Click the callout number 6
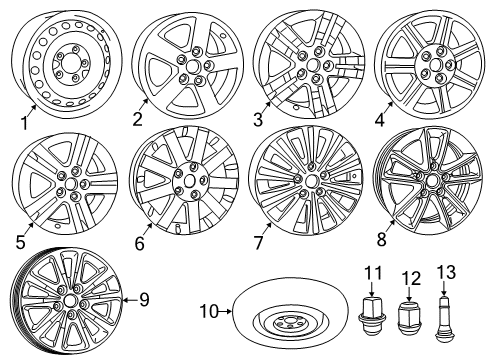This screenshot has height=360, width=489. tap(140, 241)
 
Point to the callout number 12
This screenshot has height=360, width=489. tap(407, 277)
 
